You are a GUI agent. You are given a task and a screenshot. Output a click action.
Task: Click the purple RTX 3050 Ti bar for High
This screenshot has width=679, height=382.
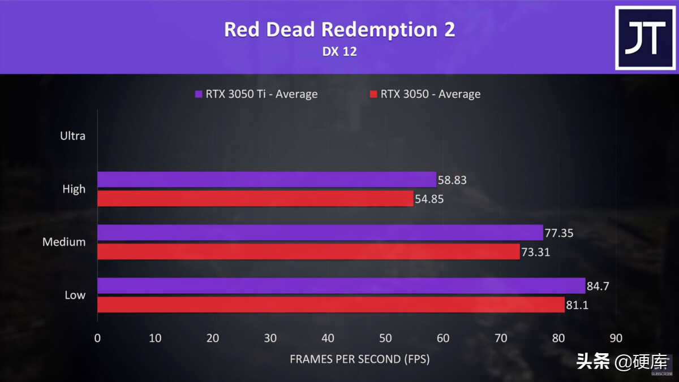(x=267, y=180)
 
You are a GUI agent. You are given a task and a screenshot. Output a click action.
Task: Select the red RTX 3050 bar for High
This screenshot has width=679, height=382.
(x=255, y=198)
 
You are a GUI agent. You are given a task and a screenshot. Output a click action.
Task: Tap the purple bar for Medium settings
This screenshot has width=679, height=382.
(x=320, y=233)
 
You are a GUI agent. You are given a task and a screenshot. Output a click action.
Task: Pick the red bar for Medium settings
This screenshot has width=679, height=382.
(x=308, y=251)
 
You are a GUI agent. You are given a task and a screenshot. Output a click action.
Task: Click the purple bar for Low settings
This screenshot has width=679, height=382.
(x=341, y=285)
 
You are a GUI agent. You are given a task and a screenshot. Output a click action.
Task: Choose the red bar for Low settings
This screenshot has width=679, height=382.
(x=331, y=305)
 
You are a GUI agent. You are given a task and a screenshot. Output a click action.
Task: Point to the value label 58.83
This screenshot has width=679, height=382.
(x=453, y=180)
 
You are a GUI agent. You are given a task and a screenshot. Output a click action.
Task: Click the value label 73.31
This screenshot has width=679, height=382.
(x=536, y=252)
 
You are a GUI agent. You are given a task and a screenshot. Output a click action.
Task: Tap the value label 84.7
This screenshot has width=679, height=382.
(x=601, y=286)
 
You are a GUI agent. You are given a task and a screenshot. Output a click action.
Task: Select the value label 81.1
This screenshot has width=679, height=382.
(x=579, y=305)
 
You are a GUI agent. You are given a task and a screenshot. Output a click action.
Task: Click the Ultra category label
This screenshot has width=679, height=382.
(x=73, y=136)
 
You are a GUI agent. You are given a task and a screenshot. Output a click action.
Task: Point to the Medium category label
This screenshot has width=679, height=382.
(x=65, y=242)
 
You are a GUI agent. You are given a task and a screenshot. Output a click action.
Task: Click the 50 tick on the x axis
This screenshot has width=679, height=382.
(x=385, y=338)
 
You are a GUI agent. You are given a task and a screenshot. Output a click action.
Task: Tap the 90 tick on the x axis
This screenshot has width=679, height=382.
(x=616, y=338)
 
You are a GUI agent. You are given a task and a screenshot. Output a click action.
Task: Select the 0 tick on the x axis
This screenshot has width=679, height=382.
(x=97, y=338)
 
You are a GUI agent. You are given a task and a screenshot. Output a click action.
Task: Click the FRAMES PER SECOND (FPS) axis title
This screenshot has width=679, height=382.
(x=360, y=359)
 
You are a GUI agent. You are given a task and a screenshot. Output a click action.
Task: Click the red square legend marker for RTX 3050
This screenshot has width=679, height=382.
(x=373, y=94)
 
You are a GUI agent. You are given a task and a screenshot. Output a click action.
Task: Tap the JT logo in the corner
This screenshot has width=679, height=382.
(x=644, y=38)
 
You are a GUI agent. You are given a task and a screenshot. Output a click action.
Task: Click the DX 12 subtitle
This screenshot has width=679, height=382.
(x=339, y=51)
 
